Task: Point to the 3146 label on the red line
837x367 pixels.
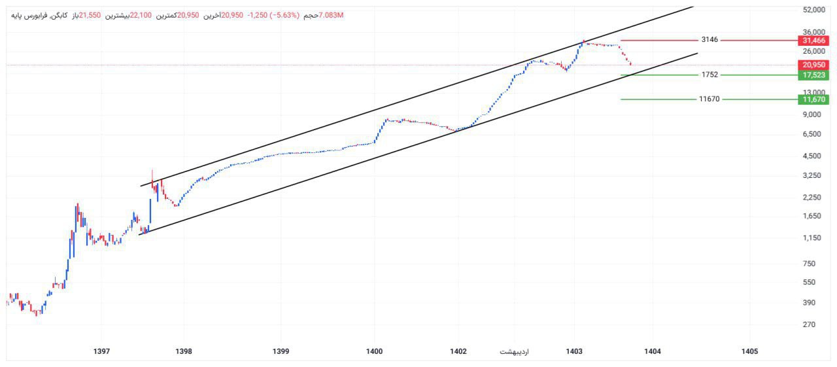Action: point(709,40)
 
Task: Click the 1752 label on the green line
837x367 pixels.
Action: point(709,75)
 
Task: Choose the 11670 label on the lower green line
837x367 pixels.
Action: point(709,99)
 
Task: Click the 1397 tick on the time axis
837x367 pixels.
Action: point(101,352)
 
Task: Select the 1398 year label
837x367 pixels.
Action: point(184,352)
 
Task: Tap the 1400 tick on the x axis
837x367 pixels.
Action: point(374,352)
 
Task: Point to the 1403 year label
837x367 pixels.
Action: point(575,352)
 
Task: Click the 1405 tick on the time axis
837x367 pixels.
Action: point(749,352)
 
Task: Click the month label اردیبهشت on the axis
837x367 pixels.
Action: point(514,352)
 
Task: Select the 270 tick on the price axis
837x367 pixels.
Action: point(810,324)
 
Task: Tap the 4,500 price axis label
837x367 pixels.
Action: point(812,156)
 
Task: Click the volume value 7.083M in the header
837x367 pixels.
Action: point(332,15)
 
